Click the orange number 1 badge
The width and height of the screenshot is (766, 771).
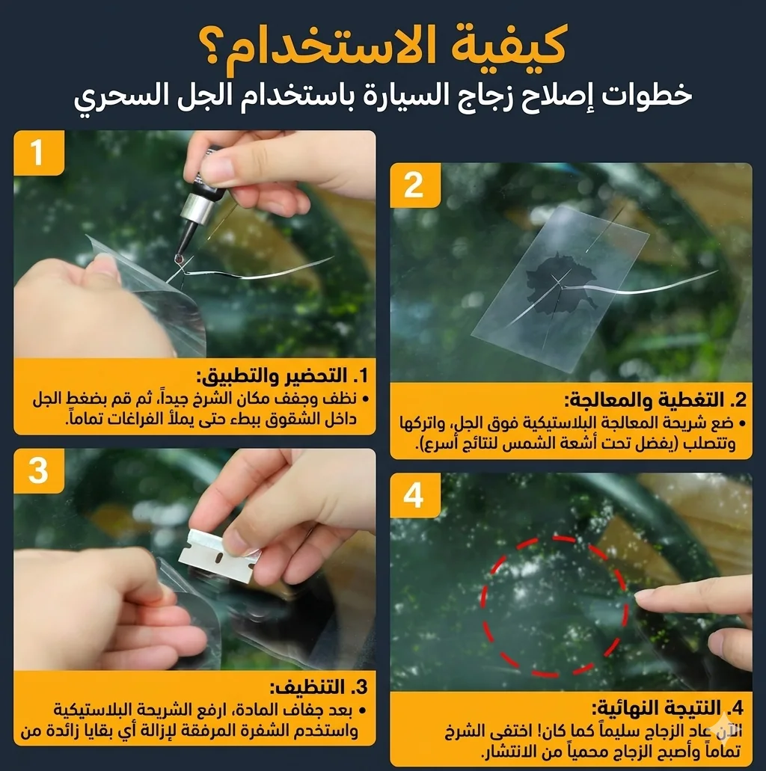coord(39,153)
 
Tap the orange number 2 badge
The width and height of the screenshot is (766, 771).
coord(414,185)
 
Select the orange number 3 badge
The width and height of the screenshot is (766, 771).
coord(39,470)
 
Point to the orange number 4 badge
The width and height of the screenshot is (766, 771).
coord(414,495)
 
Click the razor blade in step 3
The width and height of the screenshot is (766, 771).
coord(219,555)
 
